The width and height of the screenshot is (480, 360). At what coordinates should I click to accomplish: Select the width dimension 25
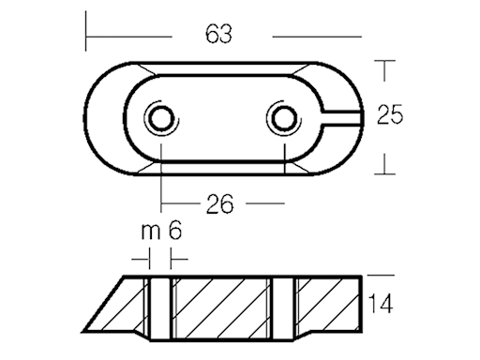[389, 115]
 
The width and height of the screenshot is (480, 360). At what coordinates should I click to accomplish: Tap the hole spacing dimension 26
[218, 202]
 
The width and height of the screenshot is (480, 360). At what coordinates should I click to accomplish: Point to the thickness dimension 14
[380, 305]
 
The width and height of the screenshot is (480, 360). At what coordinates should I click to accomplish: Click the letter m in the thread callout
[148, 232]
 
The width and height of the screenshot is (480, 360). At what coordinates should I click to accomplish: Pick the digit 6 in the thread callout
[174, 232]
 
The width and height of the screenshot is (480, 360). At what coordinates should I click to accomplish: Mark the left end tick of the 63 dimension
[86, 36]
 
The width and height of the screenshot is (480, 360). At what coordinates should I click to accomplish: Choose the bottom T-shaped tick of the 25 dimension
[384, 172]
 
